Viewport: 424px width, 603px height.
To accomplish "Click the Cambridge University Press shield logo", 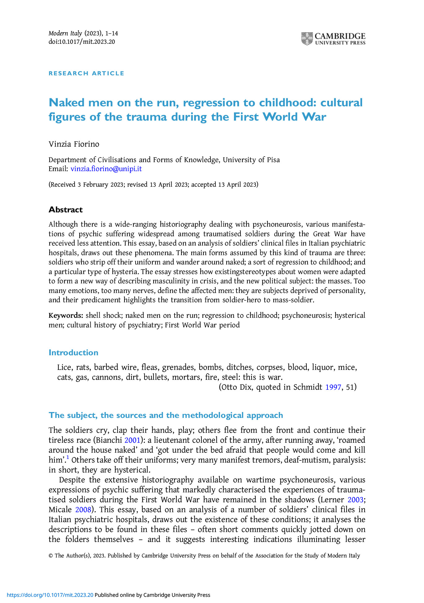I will coord(307,39).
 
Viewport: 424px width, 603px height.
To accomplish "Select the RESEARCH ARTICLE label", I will coord(86,73).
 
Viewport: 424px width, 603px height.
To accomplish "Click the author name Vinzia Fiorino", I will coord(74,144).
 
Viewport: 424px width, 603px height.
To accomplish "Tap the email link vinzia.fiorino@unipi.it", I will coord(106,169).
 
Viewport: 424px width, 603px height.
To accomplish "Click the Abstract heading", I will coord(66,210).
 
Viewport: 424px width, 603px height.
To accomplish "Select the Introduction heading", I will coord(73,352).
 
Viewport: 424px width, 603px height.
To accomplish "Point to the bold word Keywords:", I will coord(66,316).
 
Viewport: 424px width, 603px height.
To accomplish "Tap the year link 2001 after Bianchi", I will coord(132,440).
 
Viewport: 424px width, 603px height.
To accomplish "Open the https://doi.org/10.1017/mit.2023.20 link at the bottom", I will coord(50,595).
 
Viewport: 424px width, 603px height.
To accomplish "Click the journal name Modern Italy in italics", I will coord(65,33).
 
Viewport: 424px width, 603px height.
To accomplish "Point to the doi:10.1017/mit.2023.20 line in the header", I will coord(82,42).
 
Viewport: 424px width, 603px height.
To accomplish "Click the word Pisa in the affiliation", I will coord(273,160).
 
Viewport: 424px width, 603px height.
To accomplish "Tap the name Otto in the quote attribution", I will coord(228,387).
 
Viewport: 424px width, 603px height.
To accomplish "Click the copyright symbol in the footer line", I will coord(50,556).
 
